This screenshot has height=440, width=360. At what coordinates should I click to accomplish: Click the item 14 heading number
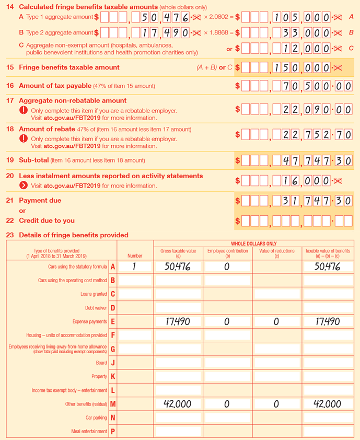point(9,7)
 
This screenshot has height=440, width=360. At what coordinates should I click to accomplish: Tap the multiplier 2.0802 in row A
point(213,17)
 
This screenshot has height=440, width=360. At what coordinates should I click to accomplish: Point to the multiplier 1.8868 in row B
point(213,32)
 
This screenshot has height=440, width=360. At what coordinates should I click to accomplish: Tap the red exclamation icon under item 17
point(24,111)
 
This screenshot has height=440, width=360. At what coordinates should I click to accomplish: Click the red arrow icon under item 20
point(24,186)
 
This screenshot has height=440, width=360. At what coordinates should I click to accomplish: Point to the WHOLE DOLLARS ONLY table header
point(253,244)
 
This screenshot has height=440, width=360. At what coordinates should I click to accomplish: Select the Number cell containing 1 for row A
point(135,267)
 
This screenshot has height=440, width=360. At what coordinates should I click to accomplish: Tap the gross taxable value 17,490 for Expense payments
point(178,322)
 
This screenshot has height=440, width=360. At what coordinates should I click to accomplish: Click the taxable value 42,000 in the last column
point(328,404)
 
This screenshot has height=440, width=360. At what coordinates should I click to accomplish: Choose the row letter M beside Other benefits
point(113,404)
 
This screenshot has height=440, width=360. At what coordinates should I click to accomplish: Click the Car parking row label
point(96,418)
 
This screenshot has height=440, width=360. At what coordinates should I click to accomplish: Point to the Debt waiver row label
point(96,308)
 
